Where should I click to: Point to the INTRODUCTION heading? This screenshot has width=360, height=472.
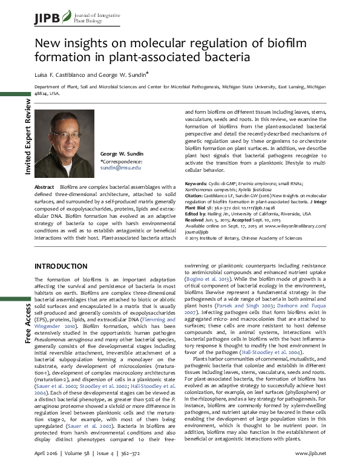click(x=64, y=266)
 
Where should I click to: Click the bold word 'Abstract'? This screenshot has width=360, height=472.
click(x=45, y=188)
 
